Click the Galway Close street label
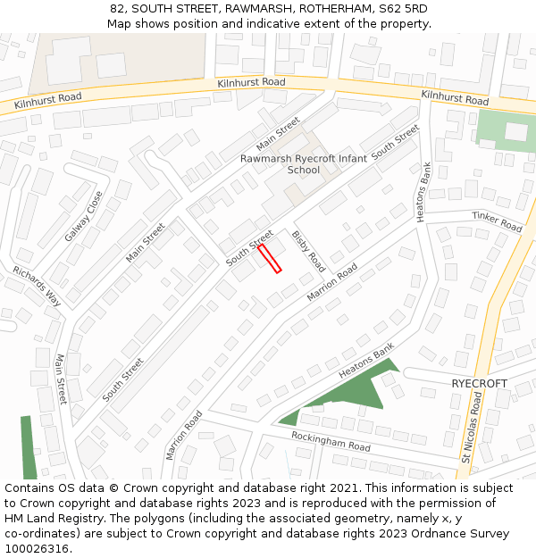coord(84,216)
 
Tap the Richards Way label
coord(38,286)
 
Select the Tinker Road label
coord(497,222)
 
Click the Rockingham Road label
coord(331,440)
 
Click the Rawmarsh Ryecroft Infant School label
coord(305,163)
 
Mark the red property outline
coord(270,258)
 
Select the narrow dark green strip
coord(29,446)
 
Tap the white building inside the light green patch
coord(515,131)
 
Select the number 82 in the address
coord(117,8)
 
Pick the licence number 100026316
coord(38,549)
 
